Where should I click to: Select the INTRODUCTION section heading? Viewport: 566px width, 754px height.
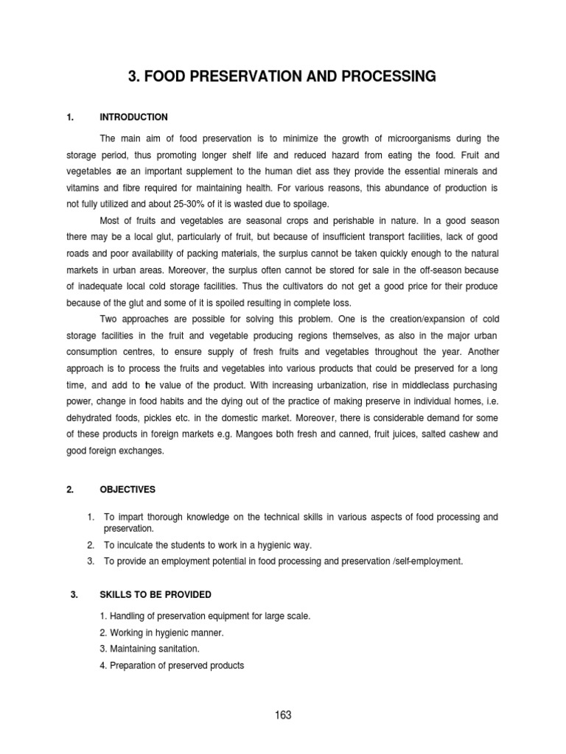coord(133,117)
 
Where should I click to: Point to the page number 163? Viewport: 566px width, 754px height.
coord(283,715)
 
